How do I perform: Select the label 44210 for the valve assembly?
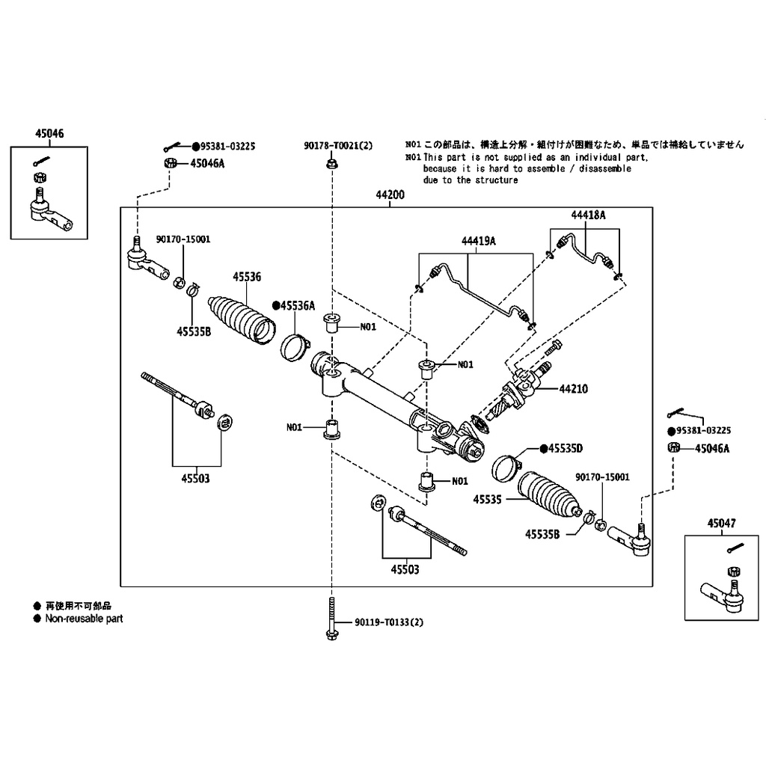(573, 389)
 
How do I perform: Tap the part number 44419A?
(479, 240)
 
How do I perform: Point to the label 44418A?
(588, 215)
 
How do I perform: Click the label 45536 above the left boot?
(247, 277)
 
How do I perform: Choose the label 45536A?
(297, 305)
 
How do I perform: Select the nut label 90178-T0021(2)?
(338, 146)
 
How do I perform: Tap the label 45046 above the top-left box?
(49, 134)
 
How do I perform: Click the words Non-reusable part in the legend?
(84, 619)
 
